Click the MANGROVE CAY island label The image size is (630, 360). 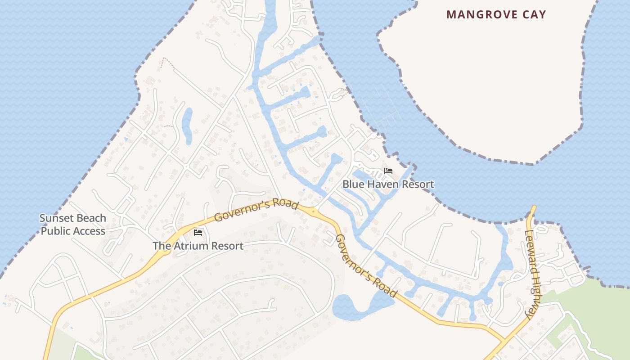496,14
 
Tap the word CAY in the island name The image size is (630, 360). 533,14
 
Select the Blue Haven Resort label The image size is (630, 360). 388,184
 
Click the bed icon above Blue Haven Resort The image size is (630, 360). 388,171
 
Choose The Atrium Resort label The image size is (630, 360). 198,246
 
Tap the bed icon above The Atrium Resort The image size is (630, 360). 198,233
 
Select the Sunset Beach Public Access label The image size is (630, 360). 72,225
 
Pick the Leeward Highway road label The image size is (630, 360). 534,274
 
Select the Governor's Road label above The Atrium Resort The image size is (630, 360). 256,210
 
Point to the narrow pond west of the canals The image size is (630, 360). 187,125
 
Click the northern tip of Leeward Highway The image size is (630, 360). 534,208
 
